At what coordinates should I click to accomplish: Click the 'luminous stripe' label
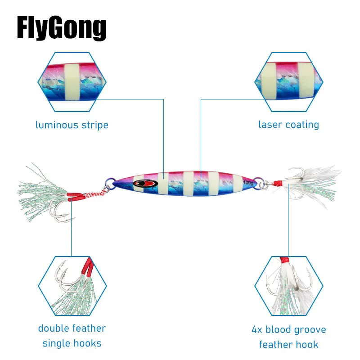coord(72,125)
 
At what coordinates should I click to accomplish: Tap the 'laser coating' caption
coord(288,125)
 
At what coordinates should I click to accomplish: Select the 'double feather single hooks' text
coord(72,336)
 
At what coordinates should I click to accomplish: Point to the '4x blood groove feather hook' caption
coord(288,337)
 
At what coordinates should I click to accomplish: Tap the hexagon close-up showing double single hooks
coord(72,286)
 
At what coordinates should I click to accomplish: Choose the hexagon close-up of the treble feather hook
coord(288,286)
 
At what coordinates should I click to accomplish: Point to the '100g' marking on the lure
coord(247,183)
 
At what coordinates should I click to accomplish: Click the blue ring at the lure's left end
coord(109,184)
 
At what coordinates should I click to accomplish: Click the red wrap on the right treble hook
coord(280,183)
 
